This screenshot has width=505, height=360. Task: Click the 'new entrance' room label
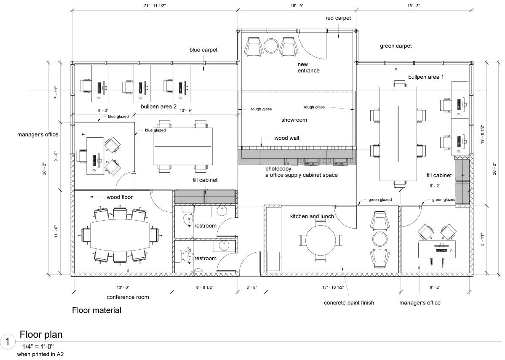point(308,67)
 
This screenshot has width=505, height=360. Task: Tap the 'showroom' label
point(294,120)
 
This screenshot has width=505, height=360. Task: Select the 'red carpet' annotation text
point(338,18)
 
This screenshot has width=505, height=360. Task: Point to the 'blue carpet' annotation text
point(203,50)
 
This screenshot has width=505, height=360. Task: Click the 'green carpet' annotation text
point(395,45)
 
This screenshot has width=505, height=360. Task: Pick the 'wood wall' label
point(287,138)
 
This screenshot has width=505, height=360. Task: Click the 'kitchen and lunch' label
point(312,216)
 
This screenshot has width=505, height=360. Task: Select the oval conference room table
point(120,235)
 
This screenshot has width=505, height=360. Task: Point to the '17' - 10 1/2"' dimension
point(331,287)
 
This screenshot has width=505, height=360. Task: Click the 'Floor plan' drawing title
point(41,335)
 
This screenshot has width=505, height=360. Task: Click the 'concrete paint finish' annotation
point(349,303)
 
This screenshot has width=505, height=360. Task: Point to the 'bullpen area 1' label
point(426,77)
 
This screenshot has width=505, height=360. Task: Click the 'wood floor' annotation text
point(120,197)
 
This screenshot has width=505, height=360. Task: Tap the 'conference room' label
point(128,297)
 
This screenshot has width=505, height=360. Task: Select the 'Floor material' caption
point(96,311)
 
